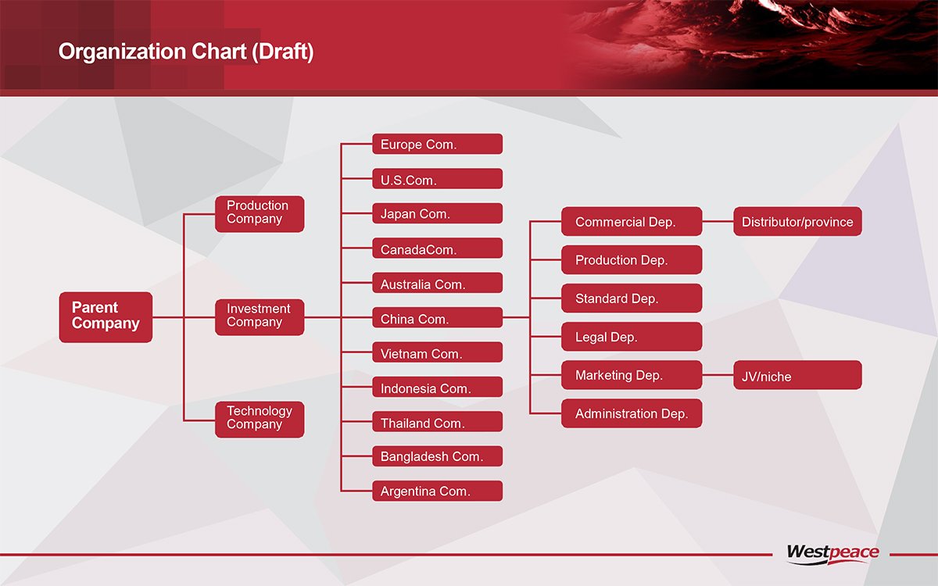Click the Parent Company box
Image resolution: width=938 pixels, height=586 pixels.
(106, 317)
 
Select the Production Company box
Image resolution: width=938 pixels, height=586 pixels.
(260, 214)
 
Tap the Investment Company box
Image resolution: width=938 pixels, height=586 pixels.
(260, 317)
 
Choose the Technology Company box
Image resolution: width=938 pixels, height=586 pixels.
(260, 420)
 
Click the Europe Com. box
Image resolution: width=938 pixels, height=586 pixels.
(437, 144)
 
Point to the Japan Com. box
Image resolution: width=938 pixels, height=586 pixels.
(437, 213)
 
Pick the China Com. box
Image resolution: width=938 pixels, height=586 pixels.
(437, 318)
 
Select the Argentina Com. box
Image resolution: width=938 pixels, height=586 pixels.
(437, 491)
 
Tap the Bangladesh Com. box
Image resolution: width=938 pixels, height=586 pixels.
(437, 456)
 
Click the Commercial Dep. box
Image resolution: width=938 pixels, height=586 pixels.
(632, 221)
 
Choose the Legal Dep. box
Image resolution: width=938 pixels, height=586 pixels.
(632, 337)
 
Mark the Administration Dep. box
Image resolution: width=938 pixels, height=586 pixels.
(632, 413)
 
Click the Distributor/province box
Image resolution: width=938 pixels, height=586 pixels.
(797, 221)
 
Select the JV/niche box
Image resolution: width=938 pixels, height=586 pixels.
(797, 375)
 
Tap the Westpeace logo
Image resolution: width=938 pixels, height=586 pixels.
(832, 554)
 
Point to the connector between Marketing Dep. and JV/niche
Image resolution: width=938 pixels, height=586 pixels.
(718, 375)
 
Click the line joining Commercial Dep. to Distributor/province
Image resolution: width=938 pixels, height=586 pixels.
(718, 221)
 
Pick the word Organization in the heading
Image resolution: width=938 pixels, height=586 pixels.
(122, 52)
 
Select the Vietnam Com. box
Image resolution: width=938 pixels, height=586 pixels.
(437, 352)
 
